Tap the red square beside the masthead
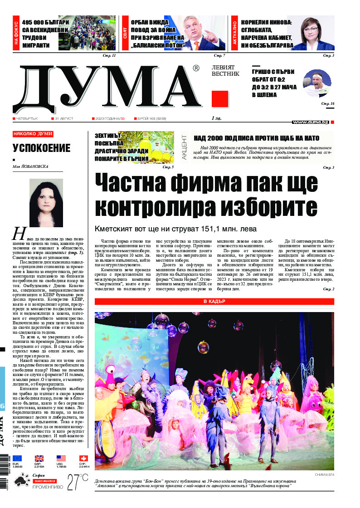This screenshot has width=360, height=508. (x=220, y=99)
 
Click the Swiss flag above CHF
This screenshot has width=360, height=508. (x=83, y=459)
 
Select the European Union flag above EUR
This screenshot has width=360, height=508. (x=17, y=459)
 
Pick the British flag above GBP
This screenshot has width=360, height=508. (x=39, y=459)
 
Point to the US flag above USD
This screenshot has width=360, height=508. (x=61, y=459)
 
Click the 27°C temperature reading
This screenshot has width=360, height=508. (x=78, y=482)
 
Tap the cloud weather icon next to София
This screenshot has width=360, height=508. (x=21, y=482)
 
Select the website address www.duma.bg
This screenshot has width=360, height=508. (x=311, y=122)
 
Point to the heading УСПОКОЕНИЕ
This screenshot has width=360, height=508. (x=42, y=148)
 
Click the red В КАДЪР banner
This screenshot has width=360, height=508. (x=214, y=301)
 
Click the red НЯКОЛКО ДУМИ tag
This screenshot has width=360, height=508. (x=33, y=134)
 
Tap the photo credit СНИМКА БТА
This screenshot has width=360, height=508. (x=324, y=474)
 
